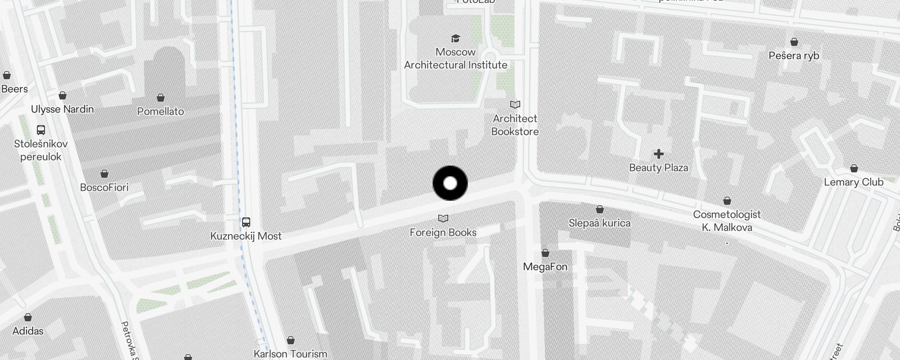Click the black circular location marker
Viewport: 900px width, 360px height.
pos(450,183)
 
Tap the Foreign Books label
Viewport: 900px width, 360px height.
pos(443,232)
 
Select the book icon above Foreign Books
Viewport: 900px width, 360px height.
pos(443,219)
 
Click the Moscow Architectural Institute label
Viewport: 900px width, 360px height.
pos(455,58)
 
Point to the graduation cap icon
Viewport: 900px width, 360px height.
pos(455,38)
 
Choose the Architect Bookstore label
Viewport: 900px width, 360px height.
pos(515,125)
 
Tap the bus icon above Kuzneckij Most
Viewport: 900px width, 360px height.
pos(246,222)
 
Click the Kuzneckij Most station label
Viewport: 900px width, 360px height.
pos(246,236)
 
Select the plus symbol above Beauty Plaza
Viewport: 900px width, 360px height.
pos(658,154)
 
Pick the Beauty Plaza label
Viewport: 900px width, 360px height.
pos(658,168)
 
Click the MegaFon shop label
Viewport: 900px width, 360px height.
pos(545,266)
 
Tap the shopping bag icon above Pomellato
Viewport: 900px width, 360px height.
pos(161,98)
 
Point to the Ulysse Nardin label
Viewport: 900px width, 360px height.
pos(62,109)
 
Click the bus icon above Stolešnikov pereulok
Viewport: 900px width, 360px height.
pos(41,130)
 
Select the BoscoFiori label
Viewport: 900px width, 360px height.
pos(104,187)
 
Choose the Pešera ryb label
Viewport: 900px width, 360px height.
pos(794,56)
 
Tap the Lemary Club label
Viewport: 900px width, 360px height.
pos(853,182)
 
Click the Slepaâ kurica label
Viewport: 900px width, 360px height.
pos(599,223)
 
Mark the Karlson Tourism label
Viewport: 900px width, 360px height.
pos(290,354)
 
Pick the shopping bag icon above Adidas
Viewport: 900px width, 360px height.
pos(28,318)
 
